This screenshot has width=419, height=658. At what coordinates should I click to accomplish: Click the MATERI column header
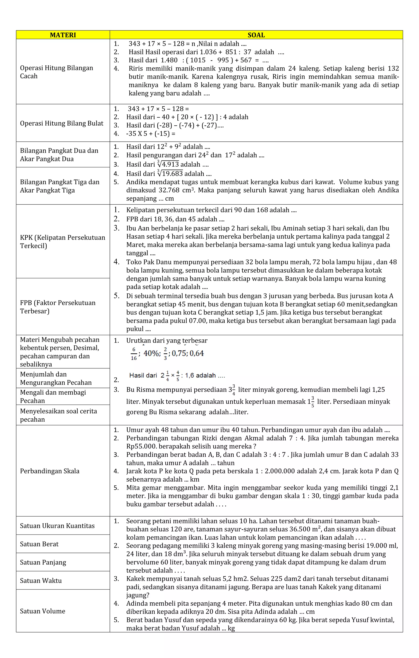(x=63, y=35)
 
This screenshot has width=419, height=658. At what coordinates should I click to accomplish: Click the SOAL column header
(x=256, y=35)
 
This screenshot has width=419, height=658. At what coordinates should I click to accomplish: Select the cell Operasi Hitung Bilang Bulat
(x=62, y=123)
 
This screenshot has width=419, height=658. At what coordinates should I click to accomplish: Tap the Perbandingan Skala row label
(x=50, y=471)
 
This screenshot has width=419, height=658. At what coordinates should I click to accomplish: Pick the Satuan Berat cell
(x=39, y=544)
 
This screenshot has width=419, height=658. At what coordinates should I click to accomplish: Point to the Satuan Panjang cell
(x=43, y=562)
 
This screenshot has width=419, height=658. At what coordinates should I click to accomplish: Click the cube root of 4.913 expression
(x=168, y=164)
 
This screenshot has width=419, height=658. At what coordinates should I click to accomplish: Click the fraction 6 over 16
(x=134, y=354)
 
